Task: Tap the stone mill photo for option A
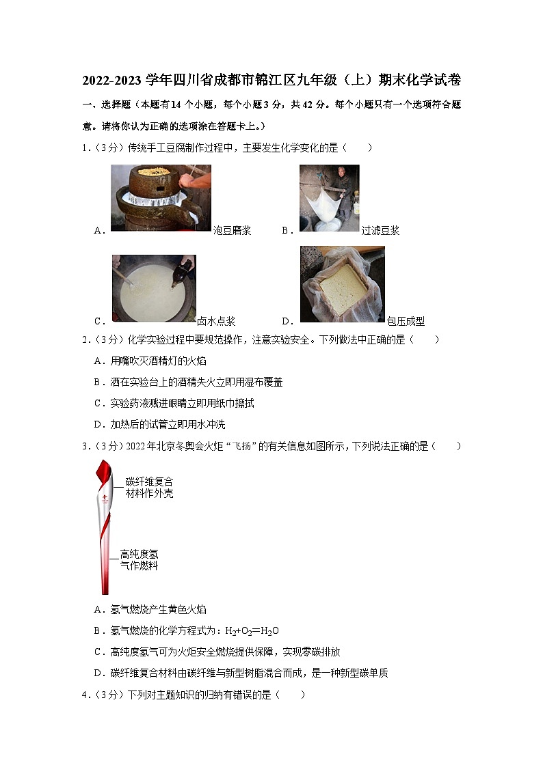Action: tap(161, 197)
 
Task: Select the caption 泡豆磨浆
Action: tap(232, 231)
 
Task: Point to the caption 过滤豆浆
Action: tap(380, 231)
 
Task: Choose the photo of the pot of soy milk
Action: tap(154, 288)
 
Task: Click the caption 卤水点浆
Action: tap(216, 322)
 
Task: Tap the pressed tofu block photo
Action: tap(342, 284)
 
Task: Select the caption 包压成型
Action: tap(406, 322)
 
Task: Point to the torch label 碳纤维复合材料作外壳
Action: tap(149, 488)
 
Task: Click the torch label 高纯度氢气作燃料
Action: tap(139, 560)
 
